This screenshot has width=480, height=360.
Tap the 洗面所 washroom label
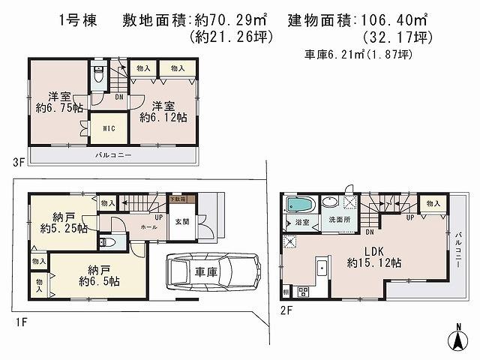[x=338, y=220]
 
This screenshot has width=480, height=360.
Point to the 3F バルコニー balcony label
[x=113, y=155]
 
